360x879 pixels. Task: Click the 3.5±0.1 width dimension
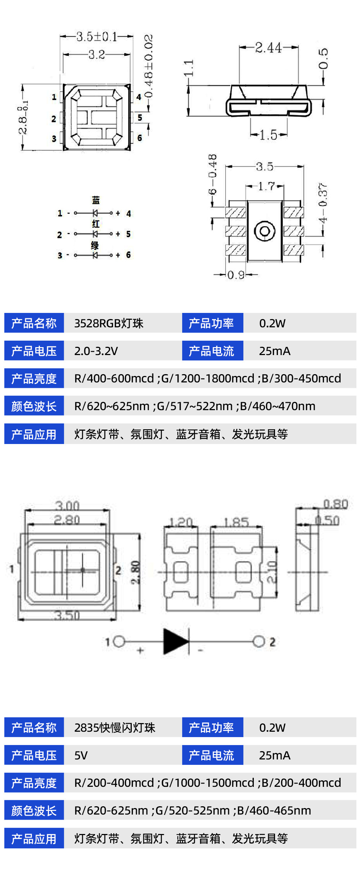pos(96,36)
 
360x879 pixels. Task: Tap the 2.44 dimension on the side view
pos(269,48)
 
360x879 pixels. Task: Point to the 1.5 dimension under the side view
pos(268,135)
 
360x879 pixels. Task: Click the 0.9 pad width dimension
pos(236,275)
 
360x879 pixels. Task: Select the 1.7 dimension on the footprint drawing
pos(266,186)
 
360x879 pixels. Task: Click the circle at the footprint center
pos(265,231)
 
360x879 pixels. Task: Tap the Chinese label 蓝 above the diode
pos(96,200)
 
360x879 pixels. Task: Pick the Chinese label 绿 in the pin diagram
pos(95,246)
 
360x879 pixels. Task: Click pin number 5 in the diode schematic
pos(129,234)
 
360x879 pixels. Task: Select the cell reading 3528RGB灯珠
pos(109,323)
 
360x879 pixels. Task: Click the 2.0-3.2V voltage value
pos(96,351)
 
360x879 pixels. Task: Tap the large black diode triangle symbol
pos(176,641)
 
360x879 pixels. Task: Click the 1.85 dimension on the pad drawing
pos(236,522)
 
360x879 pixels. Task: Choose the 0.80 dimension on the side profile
pos(336,504)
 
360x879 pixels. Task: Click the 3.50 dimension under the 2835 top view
pos(67,615)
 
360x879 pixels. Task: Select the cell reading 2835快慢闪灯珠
pos(115,728)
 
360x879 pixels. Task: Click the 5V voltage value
pos(81,755)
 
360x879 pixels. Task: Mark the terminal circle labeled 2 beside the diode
pos(258,641)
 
